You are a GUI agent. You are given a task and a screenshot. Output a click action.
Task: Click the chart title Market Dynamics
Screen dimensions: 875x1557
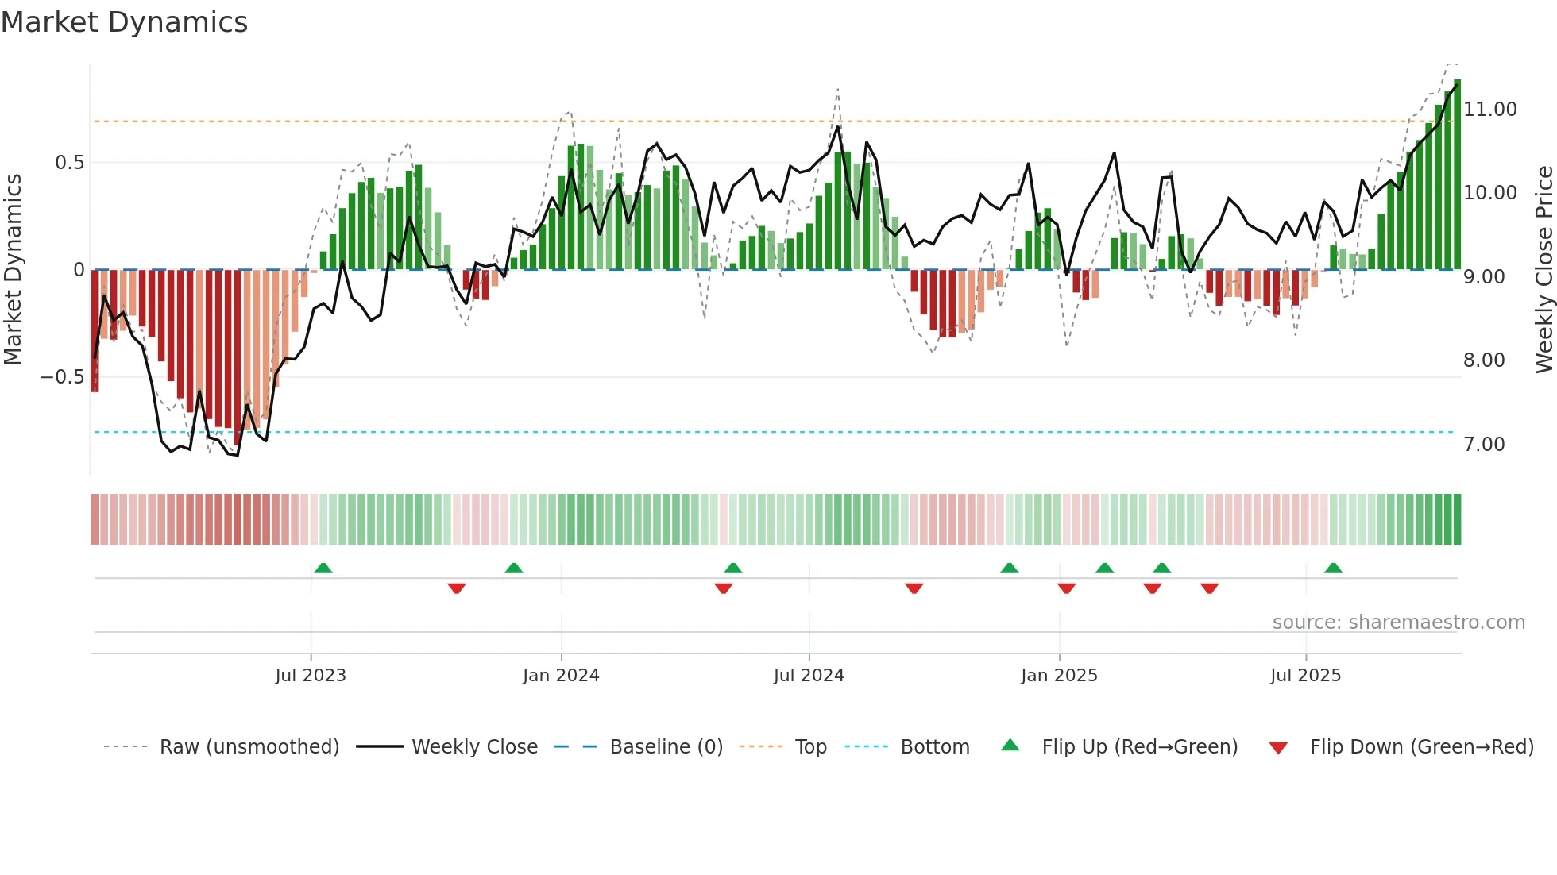point(124,22)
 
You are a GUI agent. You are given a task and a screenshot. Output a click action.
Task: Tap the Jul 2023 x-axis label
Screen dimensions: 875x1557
point(311,676)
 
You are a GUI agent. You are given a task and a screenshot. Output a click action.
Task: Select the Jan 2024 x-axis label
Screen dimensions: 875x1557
point(561,676)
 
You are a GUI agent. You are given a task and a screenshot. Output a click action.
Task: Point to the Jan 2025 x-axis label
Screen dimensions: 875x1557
point(1059,676)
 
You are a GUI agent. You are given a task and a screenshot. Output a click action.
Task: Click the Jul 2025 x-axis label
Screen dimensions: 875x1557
point(1305,676)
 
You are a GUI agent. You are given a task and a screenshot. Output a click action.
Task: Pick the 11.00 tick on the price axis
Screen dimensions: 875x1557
point(1490,110)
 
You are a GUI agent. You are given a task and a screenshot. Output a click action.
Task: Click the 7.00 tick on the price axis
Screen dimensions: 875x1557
point(1484,445)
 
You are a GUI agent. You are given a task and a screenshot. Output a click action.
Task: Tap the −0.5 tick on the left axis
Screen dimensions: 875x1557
point(62,377)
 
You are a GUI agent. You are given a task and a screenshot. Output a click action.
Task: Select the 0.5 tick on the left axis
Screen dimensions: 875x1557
point(69,163)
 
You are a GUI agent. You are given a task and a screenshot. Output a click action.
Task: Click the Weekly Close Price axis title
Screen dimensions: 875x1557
point(1543,270)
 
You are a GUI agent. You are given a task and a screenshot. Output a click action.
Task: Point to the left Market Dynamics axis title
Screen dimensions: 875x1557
point(13,270)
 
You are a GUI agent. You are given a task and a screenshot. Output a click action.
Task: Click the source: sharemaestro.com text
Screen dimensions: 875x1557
point(1398,623)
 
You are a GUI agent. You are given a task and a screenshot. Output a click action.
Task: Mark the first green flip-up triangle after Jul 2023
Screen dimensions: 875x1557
point(323,569)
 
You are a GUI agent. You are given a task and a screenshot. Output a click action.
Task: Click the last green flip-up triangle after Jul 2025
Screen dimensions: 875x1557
point(1333,569)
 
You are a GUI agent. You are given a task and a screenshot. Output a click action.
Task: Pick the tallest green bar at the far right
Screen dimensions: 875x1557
point(1457,175)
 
